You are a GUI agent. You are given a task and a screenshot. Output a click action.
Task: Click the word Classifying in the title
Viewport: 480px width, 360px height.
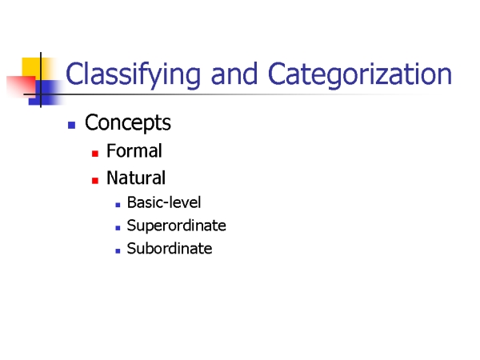click(133, 75)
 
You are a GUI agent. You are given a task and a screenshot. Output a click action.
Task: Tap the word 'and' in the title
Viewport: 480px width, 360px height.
click(234, 74)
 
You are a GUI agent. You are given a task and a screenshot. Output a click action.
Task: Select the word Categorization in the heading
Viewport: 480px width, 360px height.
click(360, 75)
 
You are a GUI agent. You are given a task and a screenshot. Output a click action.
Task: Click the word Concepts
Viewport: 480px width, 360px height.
click(128, 123)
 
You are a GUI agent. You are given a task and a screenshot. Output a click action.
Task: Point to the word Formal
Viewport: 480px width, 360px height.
click(134, 150)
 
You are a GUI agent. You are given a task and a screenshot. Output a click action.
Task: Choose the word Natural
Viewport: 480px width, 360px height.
click(136, 178)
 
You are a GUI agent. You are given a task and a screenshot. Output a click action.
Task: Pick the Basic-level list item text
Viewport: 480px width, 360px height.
click(164, 202)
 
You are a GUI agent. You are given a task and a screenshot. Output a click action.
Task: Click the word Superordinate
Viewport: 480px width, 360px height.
click(176, 226)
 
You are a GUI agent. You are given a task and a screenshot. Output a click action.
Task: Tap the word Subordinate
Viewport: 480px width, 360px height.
click(170, 248)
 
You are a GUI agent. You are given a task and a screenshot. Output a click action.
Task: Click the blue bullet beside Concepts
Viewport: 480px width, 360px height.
click(72, 126)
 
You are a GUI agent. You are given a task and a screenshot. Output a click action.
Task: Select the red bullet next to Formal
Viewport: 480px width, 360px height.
click(95, 154)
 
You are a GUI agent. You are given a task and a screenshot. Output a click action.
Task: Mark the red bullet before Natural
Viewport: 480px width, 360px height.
click(95, 181)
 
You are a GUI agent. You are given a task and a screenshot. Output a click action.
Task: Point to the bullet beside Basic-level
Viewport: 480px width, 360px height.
click(118, 205)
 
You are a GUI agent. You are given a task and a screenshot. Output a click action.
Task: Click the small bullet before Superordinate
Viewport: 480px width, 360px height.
click(118, 228)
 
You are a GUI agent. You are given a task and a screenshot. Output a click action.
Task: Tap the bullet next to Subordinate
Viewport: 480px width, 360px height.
click(118, 251)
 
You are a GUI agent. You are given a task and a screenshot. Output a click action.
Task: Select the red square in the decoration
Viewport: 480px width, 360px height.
click(22, 86)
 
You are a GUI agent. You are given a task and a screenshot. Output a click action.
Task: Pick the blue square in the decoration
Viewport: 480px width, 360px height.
click(46, 93)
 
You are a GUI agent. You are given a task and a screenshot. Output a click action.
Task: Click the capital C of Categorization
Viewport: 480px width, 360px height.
click(277, 74)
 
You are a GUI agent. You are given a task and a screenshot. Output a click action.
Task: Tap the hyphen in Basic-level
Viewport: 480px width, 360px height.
click(168, 204)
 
